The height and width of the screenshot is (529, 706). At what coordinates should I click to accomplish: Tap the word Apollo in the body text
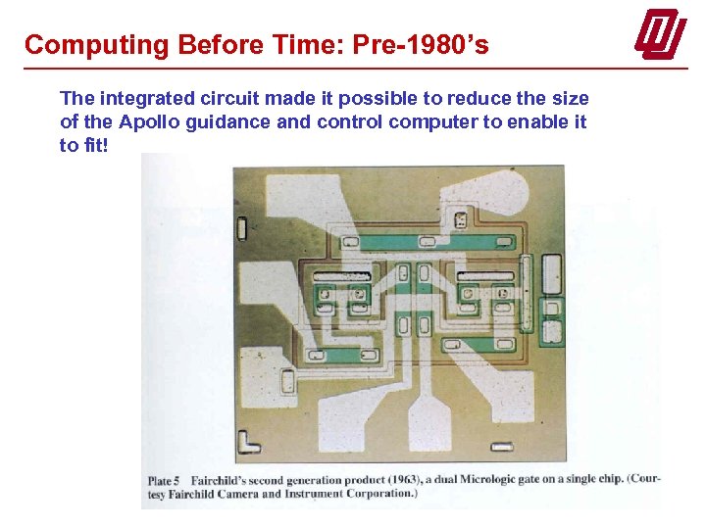coord(150,122)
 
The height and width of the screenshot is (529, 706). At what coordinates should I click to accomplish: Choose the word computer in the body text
coord(427,122)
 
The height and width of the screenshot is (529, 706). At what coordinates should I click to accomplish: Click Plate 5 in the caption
coord(166,480)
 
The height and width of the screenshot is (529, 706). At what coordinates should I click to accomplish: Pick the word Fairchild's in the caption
coord(226,480)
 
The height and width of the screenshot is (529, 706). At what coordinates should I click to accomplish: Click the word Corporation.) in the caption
coord(381,494)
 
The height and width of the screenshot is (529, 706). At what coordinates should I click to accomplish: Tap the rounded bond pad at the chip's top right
coord(549,269)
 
